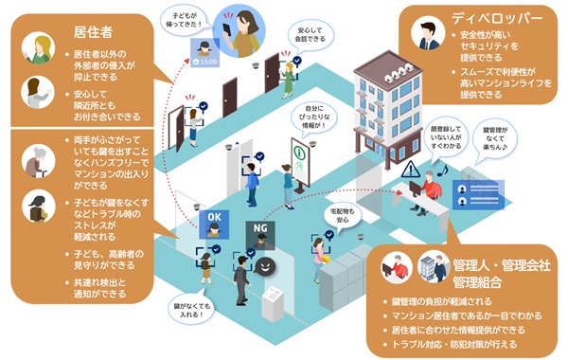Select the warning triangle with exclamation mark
(x=409, y=170)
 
